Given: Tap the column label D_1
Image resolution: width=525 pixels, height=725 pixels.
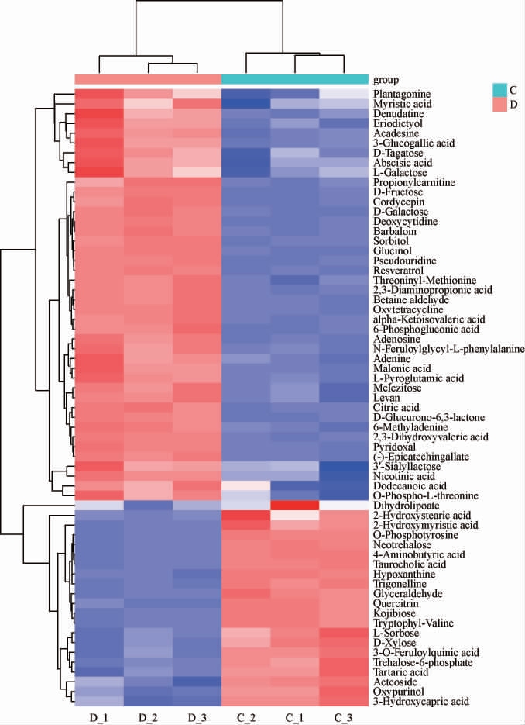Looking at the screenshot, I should (99, 715).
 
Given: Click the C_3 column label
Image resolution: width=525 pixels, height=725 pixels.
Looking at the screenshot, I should (342, 715).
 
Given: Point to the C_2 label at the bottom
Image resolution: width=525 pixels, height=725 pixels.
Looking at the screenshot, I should (245, 715).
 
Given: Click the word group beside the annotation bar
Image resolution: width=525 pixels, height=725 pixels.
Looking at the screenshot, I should (385, 79).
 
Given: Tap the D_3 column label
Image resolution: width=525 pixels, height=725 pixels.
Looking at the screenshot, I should (197, 715).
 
